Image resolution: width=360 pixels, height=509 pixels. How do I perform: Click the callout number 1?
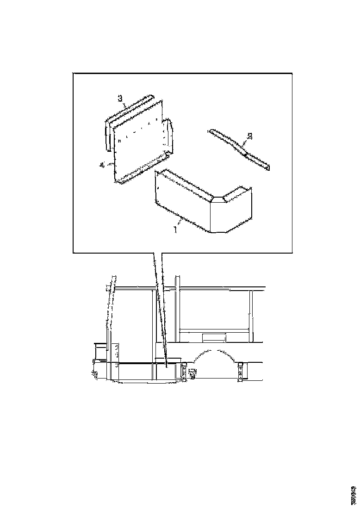point(175,229)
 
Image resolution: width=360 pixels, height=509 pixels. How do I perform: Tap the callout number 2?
point(250,136)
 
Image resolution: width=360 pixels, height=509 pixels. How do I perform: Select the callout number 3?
point(120,98)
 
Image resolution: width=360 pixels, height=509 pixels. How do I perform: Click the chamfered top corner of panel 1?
point(217,199)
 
